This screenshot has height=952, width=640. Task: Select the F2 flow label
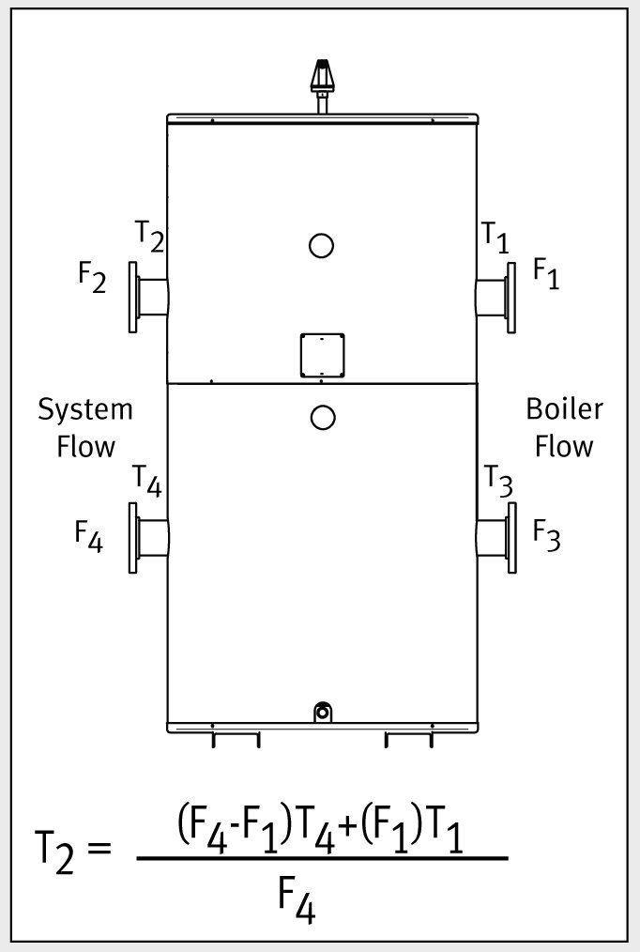(92, 279)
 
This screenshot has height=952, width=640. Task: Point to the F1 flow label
(546, 273)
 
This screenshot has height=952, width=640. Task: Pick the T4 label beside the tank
(146, 481)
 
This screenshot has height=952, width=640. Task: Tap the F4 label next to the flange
(89, 536)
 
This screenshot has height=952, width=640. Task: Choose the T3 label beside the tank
(498, 481)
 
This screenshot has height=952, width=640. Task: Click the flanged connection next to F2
(147, 297)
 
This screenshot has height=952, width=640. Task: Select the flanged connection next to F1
(495, 298)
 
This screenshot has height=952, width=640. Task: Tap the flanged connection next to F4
(147, 538)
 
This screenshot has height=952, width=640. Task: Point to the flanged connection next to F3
(495, 538)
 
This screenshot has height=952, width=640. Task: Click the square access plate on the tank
(322, 354)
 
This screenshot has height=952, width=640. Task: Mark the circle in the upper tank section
(321, 246)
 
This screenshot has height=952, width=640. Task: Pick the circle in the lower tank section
(322, 417)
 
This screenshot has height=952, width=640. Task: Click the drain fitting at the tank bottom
(322, 712)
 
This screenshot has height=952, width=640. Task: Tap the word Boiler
(564, 409)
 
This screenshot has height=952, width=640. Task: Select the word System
(85, 410)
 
